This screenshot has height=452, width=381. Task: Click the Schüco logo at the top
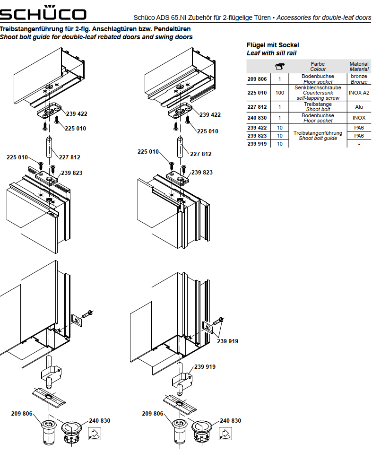(x=43, y=14)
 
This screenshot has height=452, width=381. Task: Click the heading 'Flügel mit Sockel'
(x=273, y=45)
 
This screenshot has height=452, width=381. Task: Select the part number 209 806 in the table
(x=257, y=79)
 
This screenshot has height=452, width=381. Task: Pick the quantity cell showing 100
(x=280, y=93)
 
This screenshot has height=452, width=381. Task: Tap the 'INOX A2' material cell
(x=359, y=93)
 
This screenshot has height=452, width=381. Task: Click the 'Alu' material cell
(x=359, y=107)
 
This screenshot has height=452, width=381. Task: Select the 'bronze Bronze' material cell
(x=359, y=79)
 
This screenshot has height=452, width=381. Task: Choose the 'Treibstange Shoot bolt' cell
(x=318, y=107)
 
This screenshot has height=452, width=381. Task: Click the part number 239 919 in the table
(x=257, y=144)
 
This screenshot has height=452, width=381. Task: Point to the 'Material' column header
(x=359, y=66)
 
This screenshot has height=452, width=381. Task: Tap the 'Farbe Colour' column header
(x=318, y=66)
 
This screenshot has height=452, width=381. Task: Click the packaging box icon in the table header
(x=280, y=66)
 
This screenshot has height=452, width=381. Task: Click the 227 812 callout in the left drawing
(x=69, y=158)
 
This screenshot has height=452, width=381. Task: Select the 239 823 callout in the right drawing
(x=202, y=173)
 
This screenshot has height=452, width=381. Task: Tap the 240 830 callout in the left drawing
(x=99, y=421)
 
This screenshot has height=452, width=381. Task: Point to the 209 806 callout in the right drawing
(x=153, y=414)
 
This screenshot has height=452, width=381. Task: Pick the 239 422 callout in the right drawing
(x=210, y=114)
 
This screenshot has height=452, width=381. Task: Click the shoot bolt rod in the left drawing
(x=49, y=148)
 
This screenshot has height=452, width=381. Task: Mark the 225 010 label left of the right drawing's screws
(x=148, y=152)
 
